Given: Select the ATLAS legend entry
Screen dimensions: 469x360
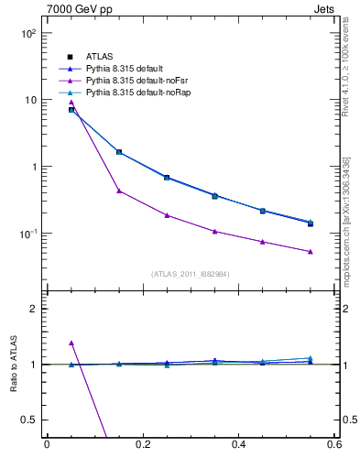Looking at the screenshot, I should [x=99, y=57].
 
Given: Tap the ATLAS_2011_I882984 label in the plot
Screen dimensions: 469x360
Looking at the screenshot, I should [x=191, y=273].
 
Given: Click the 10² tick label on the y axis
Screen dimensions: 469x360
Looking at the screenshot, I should [x=27, y=33].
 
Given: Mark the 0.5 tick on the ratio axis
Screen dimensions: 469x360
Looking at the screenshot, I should [x=29, y=420].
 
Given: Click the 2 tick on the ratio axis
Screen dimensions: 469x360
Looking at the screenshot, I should [x=34, y=309].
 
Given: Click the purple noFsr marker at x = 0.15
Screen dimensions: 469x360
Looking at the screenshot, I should [x=119, y=191].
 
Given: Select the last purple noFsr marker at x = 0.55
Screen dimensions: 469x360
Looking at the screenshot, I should [x=311, y=251].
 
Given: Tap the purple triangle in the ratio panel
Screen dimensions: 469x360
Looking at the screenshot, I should [x=71, y=343].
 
